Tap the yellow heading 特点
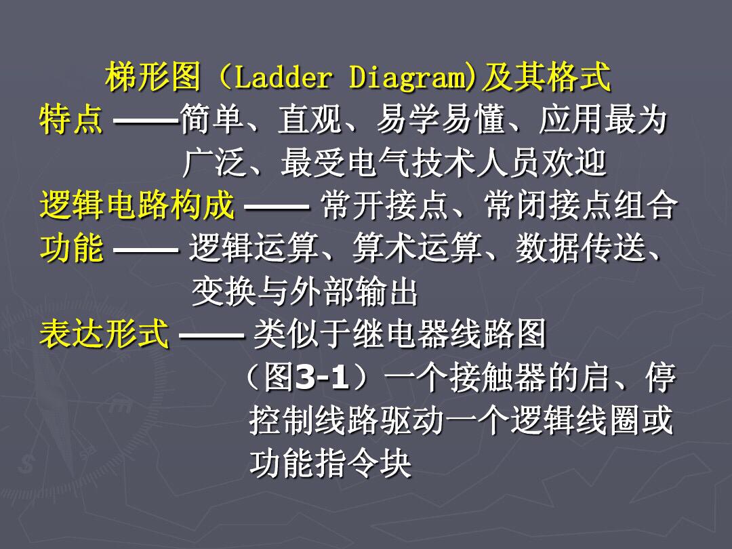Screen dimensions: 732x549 pos(71,120)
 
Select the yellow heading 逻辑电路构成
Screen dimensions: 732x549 pos(137,205)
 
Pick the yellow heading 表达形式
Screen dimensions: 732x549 pos(104,333)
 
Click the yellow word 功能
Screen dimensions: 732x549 pos(71,248)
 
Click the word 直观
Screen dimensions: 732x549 pos(310,120)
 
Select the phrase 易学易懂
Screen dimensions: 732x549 pos(441,120)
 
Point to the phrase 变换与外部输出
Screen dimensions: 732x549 pos(304,291)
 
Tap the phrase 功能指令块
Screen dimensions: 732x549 pos(331,464)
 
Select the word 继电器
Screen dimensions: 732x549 pos(401,333)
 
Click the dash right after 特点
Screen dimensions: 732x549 pos(146,121)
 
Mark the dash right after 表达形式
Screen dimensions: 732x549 pos(211,335)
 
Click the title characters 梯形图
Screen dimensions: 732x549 pos(153,77)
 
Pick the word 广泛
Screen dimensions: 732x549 pos(214,163)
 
